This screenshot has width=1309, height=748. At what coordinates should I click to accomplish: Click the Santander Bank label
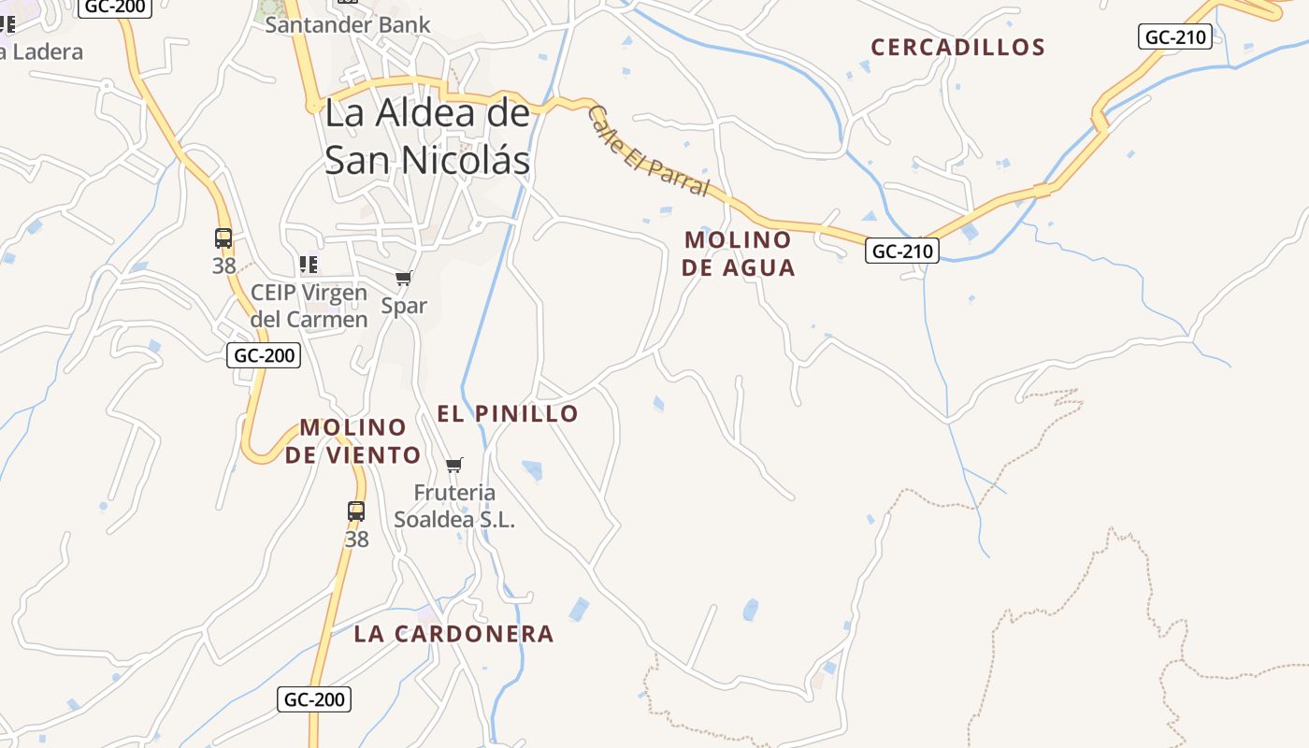click(x=347, y=24)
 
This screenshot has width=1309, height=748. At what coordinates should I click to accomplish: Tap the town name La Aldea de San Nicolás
click(x=427, y=137)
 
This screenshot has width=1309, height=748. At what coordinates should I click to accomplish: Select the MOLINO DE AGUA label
click(x=738, y=253)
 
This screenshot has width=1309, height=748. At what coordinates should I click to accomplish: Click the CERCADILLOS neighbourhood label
click(x=957, y=47)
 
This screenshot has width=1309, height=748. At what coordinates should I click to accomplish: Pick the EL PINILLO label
click(x=508, y=413)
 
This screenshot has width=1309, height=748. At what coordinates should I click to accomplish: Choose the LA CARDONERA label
click(x=453, y=634)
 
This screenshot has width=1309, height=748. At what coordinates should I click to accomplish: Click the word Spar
click(x=404, y=306)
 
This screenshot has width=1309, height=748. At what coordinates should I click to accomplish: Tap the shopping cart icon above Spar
click(x=404, y=278)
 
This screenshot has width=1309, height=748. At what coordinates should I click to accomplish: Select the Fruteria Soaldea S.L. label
click(x=454, y=506)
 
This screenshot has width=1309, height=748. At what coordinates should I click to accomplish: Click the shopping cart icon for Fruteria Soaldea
click(x=454, y=465)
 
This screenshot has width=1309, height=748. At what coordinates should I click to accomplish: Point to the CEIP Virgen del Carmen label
click(x=309, y=306)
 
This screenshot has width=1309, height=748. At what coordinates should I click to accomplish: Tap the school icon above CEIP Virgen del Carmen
click(x=309, y=265)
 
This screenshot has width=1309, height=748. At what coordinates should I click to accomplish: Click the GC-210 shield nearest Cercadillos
click(x=1175, y=37)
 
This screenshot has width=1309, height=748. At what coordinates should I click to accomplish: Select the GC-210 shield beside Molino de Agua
click(x=901, y=251)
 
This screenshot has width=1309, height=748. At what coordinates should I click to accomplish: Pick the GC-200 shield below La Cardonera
click(x=314, y=699)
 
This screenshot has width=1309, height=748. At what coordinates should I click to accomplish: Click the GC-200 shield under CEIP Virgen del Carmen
click(x=264, y=355)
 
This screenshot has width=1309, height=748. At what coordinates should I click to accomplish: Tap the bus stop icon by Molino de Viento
click(x=356, y=511)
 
